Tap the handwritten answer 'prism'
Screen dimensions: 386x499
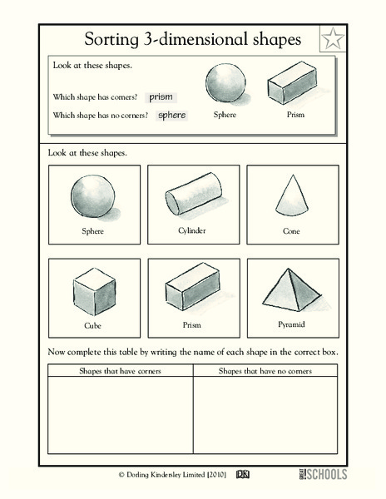[161, 97]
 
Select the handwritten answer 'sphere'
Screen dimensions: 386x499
[171, 116]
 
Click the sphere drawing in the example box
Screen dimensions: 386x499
[225, 83]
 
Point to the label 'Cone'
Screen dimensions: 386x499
[291, 230]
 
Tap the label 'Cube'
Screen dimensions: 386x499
[93, 327]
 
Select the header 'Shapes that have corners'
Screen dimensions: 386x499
[120, 370]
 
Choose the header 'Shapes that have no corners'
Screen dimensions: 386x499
[265, 370]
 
